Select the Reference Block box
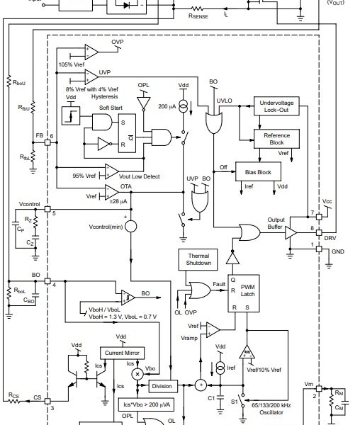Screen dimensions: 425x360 point(276,138)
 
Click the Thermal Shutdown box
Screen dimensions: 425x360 point(198,259)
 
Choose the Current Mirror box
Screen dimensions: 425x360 point(123,353)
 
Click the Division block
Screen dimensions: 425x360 point(162,385)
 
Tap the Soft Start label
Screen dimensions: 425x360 point(101,107)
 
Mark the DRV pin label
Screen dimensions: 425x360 point(330,238)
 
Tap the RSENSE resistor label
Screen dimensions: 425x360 point(202,13)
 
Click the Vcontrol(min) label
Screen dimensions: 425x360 point(106,226)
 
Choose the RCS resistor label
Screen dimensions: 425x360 point(13,395)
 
